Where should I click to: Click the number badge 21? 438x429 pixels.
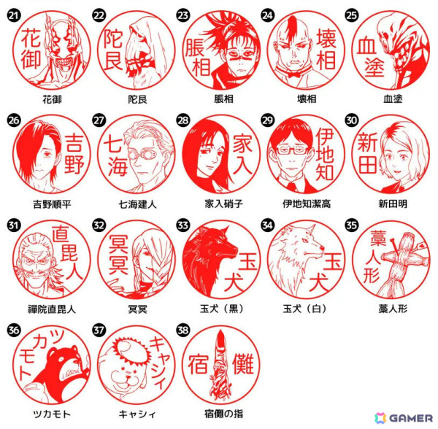[x=13, y=15]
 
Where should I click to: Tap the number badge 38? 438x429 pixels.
[x=183, y=331]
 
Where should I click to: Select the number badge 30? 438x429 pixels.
[x=351, y=120]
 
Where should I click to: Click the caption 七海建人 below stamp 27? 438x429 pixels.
[x=137, y=204]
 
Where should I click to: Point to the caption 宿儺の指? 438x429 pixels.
[x=223, y=414]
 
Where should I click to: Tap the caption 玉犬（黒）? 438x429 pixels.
[x=222, y=309]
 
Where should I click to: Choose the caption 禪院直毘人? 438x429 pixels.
[x=52, y=309]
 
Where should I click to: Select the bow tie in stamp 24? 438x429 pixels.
[x=293, y=74]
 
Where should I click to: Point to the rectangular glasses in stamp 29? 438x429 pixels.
[x=291, y=150]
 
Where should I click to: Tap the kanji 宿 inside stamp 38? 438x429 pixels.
[x=198, y=363]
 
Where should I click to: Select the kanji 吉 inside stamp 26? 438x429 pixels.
[x=74, y=143]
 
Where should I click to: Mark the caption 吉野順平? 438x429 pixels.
[x=52, y=204]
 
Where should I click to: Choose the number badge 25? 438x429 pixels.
[x=351, y=15]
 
